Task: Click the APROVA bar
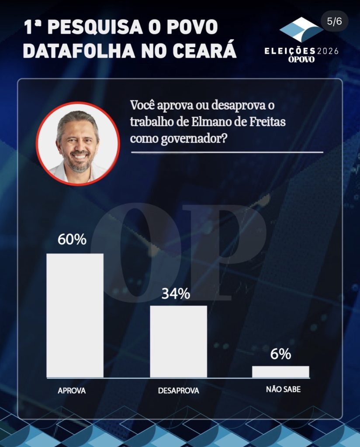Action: (75, 315)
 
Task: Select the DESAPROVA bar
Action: (178, 341)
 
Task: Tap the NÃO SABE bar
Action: (280, 371)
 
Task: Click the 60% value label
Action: (72, 240)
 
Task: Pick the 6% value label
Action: (280, 354)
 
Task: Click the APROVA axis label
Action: (72, 391)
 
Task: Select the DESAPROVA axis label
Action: (178, 391)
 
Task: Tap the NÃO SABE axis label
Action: (283, 389)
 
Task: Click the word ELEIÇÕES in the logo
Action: (290, 52)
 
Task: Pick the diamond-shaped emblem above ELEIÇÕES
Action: (301, 30)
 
